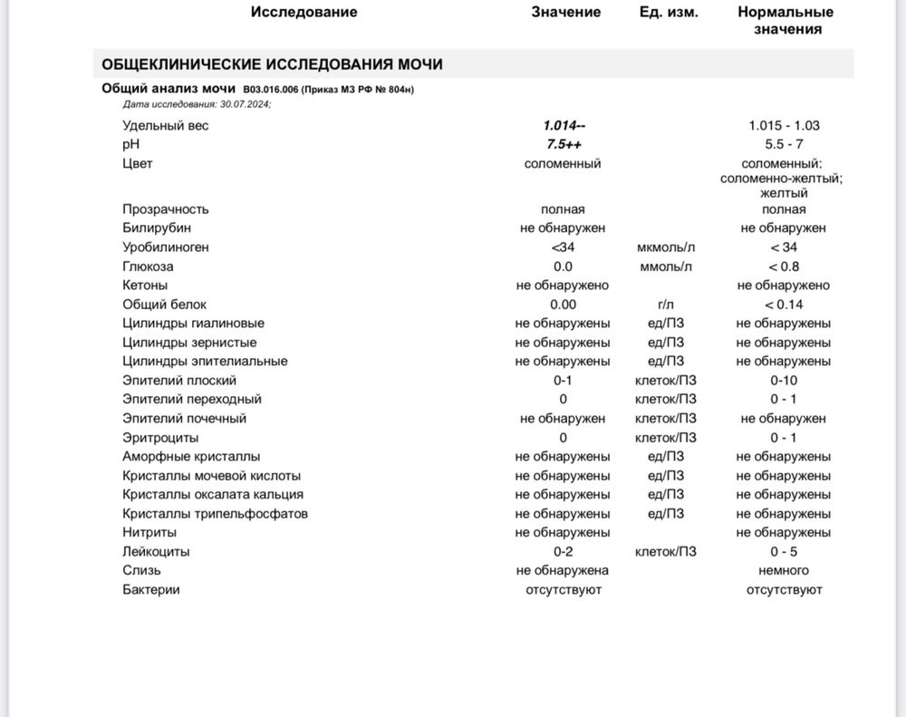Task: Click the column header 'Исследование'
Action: (x=304, y=12)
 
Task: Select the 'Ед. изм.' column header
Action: (x=669, y=12)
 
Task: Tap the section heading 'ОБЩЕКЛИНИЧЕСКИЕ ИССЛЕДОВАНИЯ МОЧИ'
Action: (x=272, y=64)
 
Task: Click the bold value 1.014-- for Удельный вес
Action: (x=564, y=126)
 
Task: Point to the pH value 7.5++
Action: (x=564, y=145)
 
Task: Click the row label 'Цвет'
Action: (x=138, y=164)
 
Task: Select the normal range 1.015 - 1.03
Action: (x=784, y=126)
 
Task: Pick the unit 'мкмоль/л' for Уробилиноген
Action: (x=666, y=247)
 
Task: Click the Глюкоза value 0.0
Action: (x=563, y=266)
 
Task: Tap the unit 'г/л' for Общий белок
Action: (x=666, y=305)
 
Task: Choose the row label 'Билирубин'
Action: (x=157, y=228)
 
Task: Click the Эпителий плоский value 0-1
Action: (x=563, y=381)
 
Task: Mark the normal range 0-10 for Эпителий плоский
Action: (x=784, y=381)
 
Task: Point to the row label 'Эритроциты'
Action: (x=160, y=438)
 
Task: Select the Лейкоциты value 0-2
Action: (x=563, y=552)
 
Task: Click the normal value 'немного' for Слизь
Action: (x=784, y=571)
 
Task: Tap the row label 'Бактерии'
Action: (x=151, y=590)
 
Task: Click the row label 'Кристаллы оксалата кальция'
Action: (x=213, y=495)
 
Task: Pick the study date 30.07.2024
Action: (x=241, y=104)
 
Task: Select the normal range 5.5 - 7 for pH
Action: (x=784, y=145)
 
